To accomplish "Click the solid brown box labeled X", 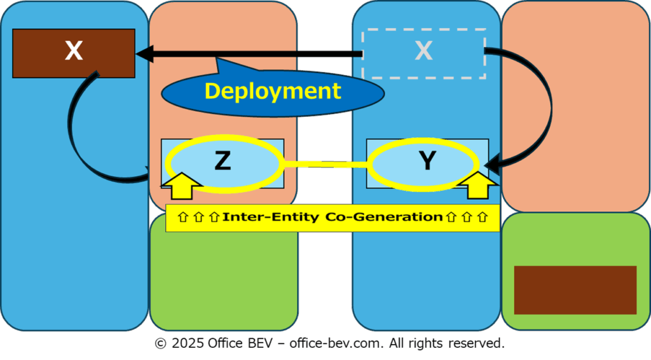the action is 74,53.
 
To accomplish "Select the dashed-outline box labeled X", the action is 424,53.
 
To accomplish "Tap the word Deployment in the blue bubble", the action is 273,91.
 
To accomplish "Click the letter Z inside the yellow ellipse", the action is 223,161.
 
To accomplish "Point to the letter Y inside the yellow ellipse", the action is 427,160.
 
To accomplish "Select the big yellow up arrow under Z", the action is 181,186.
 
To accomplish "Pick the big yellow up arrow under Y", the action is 478,186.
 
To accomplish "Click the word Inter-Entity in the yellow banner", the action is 271,217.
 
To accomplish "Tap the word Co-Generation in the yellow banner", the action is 384,217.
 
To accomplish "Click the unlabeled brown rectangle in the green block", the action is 575,290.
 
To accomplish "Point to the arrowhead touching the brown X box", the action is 144,53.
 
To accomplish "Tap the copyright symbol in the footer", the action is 160,344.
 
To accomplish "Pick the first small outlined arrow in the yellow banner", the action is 182,217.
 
